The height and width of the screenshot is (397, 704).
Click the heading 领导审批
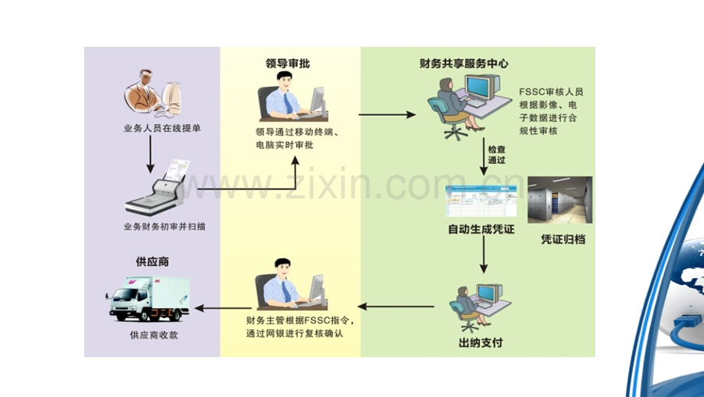pyautogui.click(x=288, y=64)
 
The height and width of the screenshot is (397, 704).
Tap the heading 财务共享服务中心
pyautogui.click(x=464, y=64)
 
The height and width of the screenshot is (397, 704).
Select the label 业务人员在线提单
pyautogui.click(x=162, y=128)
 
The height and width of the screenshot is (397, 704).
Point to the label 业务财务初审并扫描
pyautogui.click(x=165, y=227)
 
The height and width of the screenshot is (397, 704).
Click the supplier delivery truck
pyautogui.click(x=148, y=299)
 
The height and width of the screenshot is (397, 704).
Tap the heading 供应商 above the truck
pyautogui.click(x=152, y=261)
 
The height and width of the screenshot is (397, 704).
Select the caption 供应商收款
pyautogui.click(x=154, y=335)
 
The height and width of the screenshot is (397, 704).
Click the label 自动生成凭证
pyautogui.click(x=481, y=229)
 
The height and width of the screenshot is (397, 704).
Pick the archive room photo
pyautogui.click(x=560, y=199)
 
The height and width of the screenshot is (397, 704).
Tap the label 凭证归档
pyautogui.click(x=563, y=239)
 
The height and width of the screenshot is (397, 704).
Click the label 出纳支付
pyautogui.click(x=481, y=343)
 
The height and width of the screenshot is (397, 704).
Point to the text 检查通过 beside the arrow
pyautogui.click(x=497, y=155)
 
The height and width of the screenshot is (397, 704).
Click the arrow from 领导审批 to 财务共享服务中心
pyautogui.click(x=387, y=115)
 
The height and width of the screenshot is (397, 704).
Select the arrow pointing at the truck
pyautogui.click(x=223, y=308)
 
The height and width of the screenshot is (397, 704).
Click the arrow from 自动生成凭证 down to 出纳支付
pyautogui.click(x=484, y=254)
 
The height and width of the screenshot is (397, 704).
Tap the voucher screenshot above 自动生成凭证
pyautogui.click(x=481, y=201)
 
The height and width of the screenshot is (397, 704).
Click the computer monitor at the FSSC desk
pyautogui.click(x=482, y=88)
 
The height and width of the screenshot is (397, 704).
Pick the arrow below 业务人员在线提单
pyautogui.click(x=151, y=154)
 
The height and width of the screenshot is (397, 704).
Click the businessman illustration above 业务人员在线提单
pyautogui.click(x=152, y=93)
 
